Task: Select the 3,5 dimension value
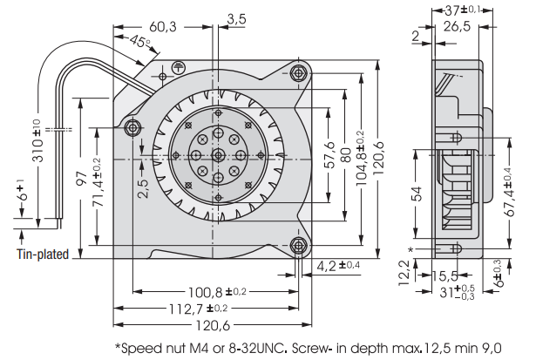235,17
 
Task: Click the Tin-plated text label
42,255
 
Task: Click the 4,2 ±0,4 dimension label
339,265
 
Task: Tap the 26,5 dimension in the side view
456,27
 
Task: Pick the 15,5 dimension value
446,276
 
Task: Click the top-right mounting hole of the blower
301,72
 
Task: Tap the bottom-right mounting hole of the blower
298,245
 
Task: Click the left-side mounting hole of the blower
133,128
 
